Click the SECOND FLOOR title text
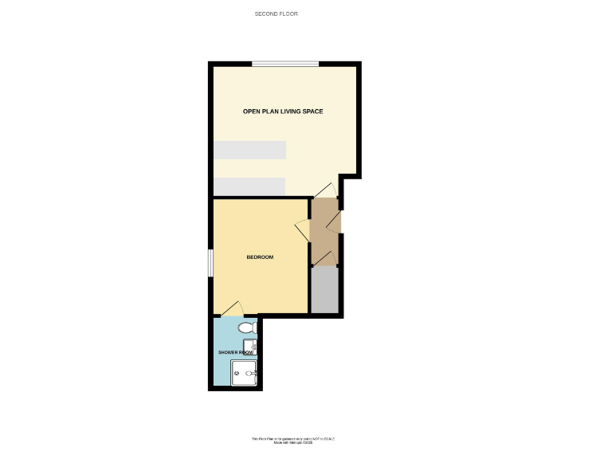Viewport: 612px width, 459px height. (x=276, y=14)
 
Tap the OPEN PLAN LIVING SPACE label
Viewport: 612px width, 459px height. (x=283, y=112)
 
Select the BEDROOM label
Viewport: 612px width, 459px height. (x=260, y=257)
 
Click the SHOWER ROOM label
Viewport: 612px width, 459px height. (x=235, y=351)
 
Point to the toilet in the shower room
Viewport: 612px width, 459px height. (x=247, y=328)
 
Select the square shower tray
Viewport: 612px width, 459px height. (x=244, y=372)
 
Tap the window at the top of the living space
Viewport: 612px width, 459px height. (x=285, y=64)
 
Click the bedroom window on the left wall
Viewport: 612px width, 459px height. (x=210, y=263)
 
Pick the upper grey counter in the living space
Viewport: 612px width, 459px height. (x=249, y=150)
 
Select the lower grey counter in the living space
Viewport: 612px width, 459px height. (x=249, y=186)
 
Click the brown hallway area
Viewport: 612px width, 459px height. (x=324, y=231)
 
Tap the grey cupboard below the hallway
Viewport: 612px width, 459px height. (x=325, y=290)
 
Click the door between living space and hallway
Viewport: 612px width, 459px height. (x=326, y=190)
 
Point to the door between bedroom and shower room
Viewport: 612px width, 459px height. (x=232, y=309)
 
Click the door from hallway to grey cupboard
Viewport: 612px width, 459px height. (x=325, y=258)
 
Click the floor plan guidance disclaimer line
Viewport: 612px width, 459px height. (x=293, y=438)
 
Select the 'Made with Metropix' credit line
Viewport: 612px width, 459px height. (x=293, y=442)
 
